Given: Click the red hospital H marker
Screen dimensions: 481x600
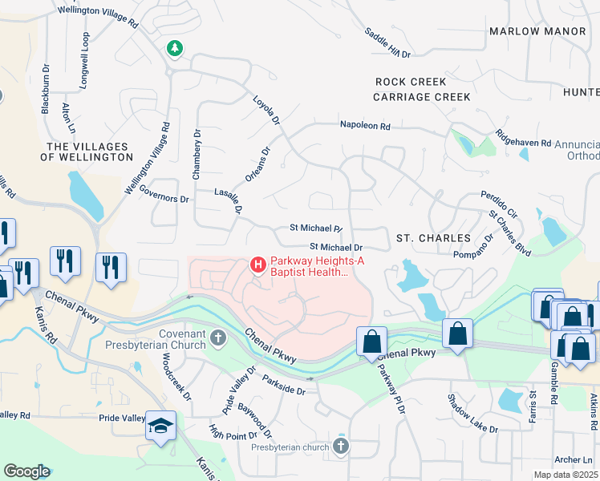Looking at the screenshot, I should [258, 264].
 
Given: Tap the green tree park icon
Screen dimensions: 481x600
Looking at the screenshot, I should [174, 50].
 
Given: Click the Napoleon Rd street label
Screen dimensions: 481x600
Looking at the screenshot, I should [364, 126].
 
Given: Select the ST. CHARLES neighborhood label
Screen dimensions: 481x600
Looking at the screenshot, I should [433, 238].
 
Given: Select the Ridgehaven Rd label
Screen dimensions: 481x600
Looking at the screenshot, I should [523, 137].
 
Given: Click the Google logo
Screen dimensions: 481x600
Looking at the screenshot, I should [26, 471].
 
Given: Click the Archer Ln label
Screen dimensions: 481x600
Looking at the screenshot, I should [576, 459].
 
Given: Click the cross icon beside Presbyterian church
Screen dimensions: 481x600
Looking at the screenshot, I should [341, 445].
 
